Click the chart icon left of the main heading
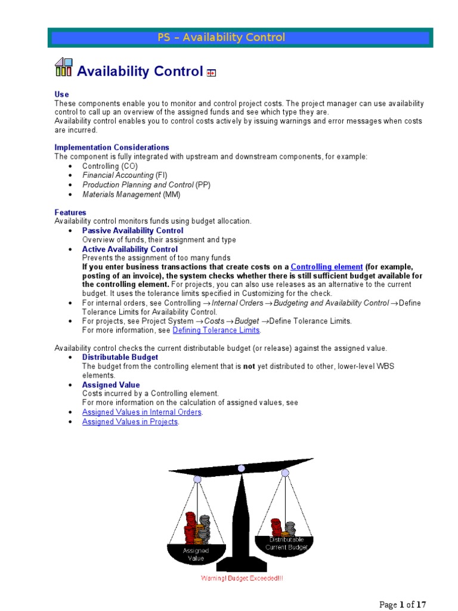(64, 68)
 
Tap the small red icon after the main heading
(211, 73)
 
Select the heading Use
(61, 94)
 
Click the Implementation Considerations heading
(112, 147)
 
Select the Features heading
(70, 212)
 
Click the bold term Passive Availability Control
(132, 231)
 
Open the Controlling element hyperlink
(326, 267)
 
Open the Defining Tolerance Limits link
(216, 331)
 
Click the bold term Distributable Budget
(120, 357)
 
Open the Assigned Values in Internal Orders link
(142, 412)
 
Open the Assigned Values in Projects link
(130, 422)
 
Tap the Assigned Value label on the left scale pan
(196, 554)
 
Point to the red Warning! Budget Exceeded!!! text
(242, 579)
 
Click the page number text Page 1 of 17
(403, 604)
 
